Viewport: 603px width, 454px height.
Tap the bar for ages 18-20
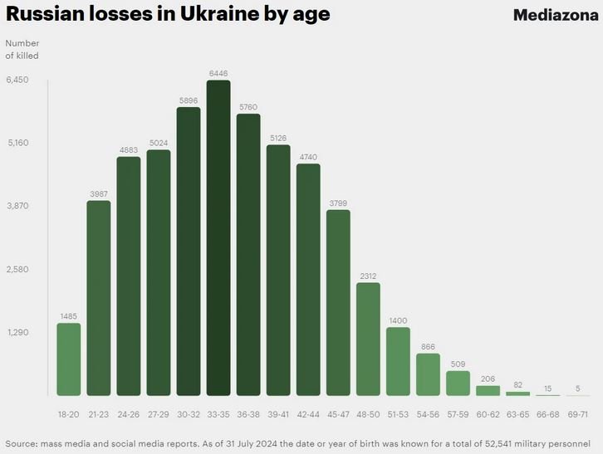coord(69,359)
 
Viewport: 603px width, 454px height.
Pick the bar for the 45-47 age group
coord(338,302)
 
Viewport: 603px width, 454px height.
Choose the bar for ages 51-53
coord(398,361)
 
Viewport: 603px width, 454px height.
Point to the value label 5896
coord(189,100)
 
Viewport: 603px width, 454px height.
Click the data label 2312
coord(368,276)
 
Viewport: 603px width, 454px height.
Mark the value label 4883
coord(129,149)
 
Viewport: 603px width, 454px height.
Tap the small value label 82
coord(517,384)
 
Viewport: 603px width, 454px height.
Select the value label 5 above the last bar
coord(577,388)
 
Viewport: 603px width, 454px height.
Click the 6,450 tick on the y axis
coord(17,80)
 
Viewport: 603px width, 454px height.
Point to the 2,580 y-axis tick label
coord(17,269)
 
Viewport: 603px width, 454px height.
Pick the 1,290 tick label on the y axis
coord(17,332)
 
